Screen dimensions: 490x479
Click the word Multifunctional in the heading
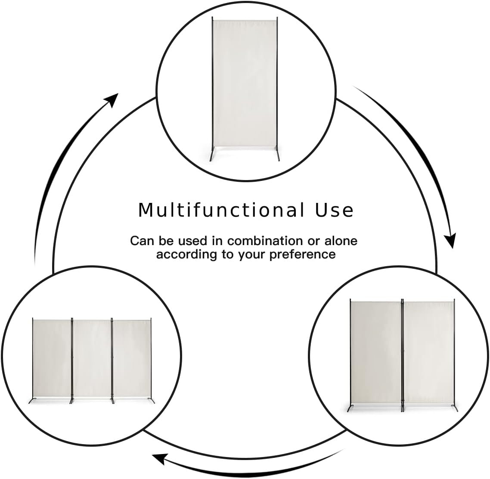pos(221,210)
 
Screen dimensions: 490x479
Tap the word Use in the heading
pos(334,210)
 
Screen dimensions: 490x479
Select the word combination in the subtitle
pos(265,241)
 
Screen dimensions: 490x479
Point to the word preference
pos(303,255)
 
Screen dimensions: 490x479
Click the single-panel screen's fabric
pos(245,84)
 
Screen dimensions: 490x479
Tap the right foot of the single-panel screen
pos(278,156)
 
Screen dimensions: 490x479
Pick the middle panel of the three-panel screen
pos(92,359)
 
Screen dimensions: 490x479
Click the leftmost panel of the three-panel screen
pos(52,359)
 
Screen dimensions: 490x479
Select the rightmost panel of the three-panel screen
pos(132,359)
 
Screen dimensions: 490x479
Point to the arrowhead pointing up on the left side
pos(111,100)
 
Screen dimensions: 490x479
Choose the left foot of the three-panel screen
pos(31,400)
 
